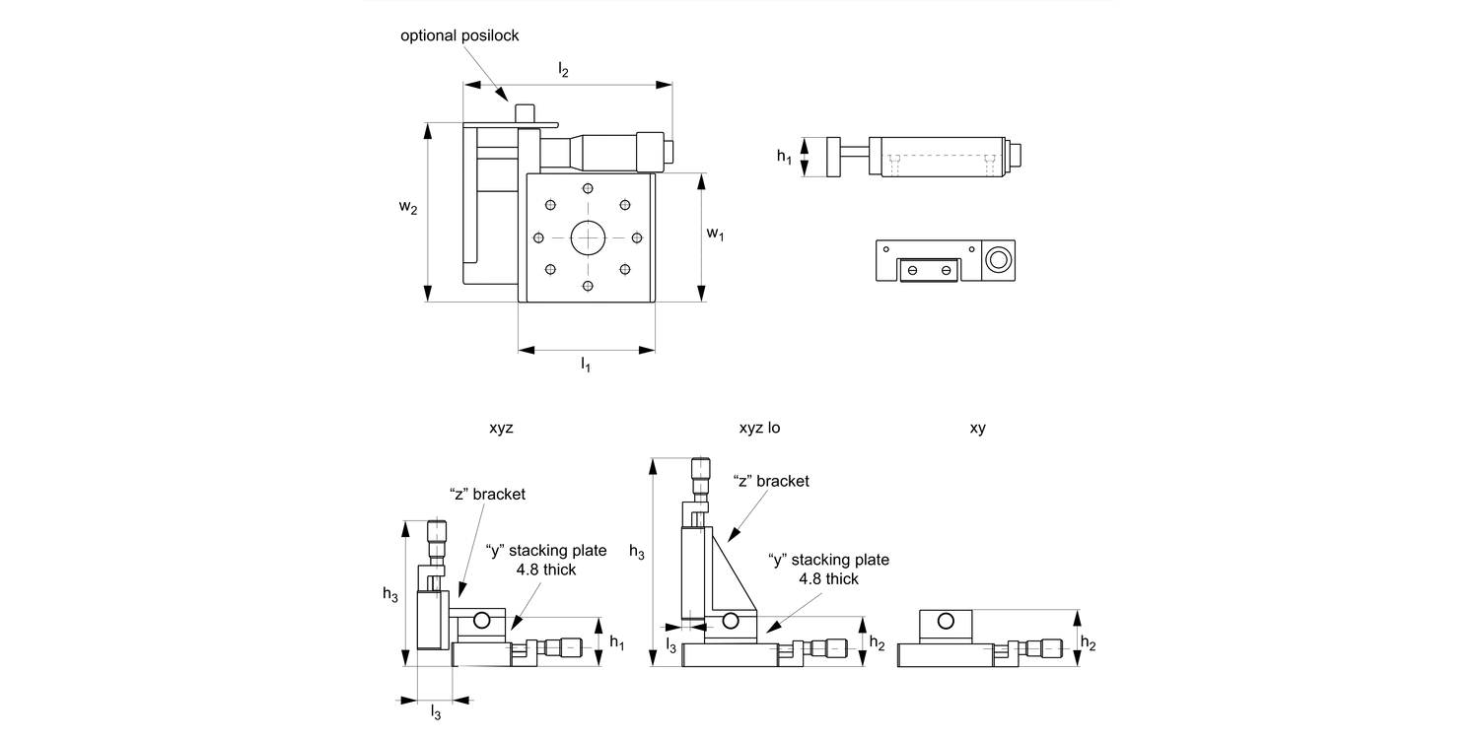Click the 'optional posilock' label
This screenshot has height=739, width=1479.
(459, 35)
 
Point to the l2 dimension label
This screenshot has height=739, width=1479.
(563, 69)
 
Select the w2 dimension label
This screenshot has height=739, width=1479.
(408, 208)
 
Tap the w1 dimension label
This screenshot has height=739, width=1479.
(716, 235)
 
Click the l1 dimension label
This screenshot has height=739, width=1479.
(585, 366)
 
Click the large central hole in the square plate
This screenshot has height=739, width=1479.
(588, 236)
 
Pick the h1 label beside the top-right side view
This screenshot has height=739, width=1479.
(784, 156)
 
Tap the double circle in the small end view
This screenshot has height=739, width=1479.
(998, 260)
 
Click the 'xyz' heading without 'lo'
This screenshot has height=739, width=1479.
(501, 429)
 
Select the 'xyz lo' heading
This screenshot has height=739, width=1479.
(759, 429)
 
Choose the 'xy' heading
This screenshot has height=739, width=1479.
(978, 429)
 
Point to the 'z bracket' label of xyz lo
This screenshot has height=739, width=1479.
(771, 481)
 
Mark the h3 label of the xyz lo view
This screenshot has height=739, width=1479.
(637, 553)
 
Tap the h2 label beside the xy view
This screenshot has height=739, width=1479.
(1088, 641)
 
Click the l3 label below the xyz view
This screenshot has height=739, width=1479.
(436, 713)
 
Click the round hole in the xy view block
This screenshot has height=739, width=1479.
(946, 621)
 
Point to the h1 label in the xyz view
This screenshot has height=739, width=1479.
(616, 642)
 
